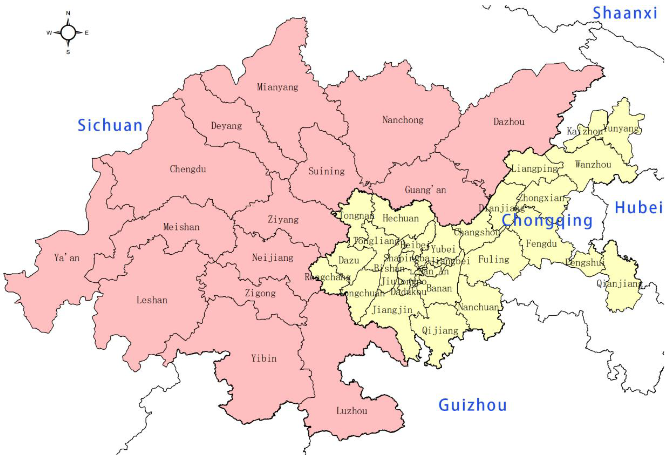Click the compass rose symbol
click(68, 33)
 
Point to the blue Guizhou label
click(472, 405)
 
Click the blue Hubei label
click(639, 208)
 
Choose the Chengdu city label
click(188, 169)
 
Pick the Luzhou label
click(352, 411)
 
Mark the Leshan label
click(152, 300)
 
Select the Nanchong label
click(403, 120)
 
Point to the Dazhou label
click(509, 122)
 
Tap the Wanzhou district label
click(593, 165)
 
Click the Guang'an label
click(425, 190)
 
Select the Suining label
click(327, 171)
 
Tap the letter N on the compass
click(68, 13)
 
